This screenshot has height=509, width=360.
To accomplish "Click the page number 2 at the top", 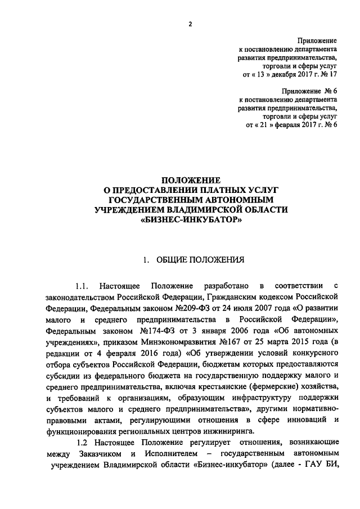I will pos(190,24).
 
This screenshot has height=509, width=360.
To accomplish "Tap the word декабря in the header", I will pos(291,73).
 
